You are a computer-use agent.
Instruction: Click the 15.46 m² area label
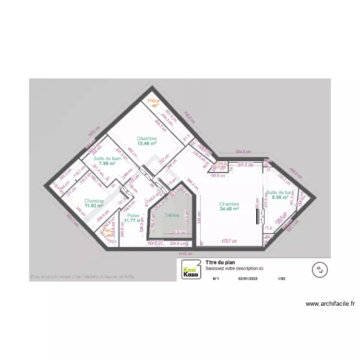tap(147, 143)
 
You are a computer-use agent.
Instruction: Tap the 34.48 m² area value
tap(229, 209)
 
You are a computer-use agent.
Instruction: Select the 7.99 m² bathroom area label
tap(107, 164)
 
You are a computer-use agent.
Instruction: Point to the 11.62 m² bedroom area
tap(94, 205)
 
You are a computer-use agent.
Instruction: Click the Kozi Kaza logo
tap(190, 271)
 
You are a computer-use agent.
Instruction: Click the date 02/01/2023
tap(248, 278)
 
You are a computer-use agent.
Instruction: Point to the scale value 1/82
tap(282, 278)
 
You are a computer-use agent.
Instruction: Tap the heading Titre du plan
tap(219, 263)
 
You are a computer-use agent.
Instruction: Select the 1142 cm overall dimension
tap(185, 253)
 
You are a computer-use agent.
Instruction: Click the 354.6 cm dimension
tap(243, 152)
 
